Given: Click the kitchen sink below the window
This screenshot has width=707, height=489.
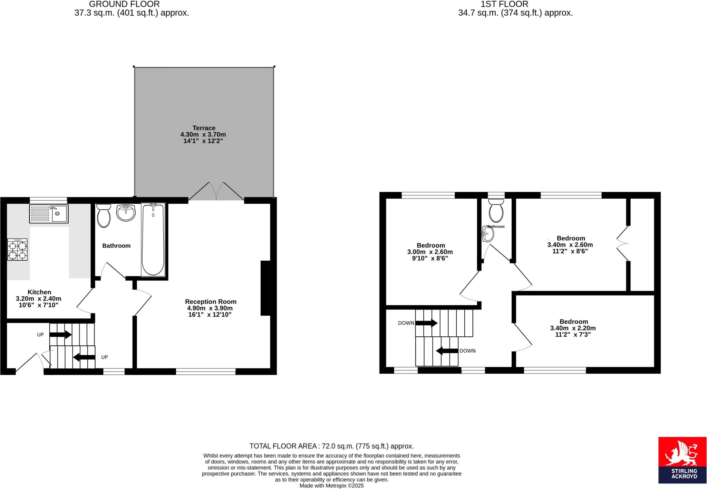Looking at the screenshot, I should point(49,214).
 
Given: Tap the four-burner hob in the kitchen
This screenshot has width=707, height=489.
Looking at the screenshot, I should point(17,250).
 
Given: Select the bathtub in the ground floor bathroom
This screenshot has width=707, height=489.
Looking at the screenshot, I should point(153,239).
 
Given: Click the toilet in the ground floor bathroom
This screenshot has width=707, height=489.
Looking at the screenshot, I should point(103,216).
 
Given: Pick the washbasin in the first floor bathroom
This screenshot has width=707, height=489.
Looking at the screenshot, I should point(488,234).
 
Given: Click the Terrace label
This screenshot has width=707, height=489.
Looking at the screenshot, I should point(204,128).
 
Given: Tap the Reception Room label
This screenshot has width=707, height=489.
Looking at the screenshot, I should point(211,301).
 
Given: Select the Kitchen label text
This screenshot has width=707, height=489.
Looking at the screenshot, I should point(39,292).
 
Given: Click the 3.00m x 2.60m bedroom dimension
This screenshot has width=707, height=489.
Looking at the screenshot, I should point(430,252).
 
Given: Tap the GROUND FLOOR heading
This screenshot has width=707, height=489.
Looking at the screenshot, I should point(124,4).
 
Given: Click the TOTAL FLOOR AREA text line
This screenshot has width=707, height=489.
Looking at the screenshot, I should point(331,446).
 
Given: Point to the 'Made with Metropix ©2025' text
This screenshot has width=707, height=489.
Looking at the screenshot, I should point(331,486).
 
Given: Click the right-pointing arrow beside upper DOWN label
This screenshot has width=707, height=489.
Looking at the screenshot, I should point(426,323).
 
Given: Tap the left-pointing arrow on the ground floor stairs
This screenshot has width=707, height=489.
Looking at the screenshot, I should point(84,357).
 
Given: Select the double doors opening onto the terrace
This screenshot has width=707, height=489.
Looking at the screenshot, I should point(216,192).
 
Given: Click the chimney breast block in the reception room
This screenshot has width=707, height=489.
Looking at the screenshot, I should point(265,288).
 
